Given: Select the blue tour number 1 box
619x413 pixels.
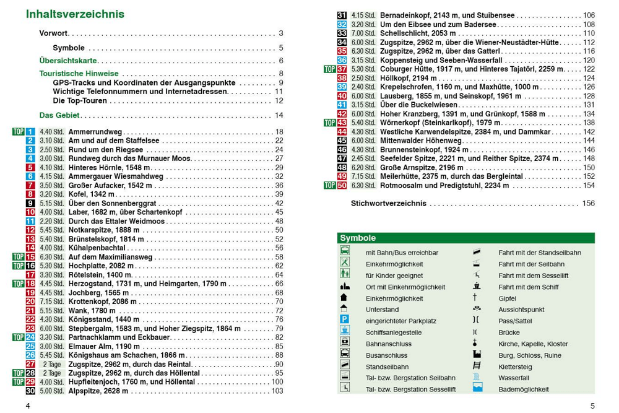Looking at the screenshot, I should tap(30, 132).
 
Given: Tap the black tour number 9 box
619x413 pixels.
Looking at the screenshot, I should tap(30, 203).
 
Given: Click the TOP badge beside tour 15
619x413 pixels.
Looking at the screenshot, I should tap(18, 257).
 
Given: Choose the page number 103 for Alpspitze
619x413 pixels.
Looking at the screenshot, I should tap(277, 391).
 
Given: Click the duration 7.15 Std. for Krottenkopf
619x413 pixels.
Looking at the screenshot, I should tap(51, 302).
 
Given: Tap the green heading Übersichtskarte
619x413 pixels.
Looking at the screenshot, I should tap(68, 61).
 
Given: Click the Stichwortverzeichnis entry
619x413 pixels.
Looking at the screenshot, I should tap(389, 203).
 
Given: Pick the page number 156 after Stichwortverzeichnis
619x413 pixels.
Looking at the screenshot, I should tap(588, 203).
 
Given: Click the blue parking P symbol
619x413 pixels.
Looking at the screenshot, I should tap(345, 321).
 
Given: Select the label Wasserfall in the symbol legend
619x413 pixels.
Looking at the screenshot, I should tap(514, 378).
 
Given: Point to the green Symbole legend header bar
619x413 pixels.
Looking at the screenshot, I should tap(465, 238).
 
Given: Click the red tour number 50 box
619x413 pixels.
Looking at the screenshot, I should tap(342, 185).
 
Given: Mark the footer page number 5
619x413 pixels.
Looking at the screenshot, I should tap(592, 406).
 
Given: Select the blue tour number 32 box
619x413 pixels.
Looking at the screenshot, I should tap(342, 24).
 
